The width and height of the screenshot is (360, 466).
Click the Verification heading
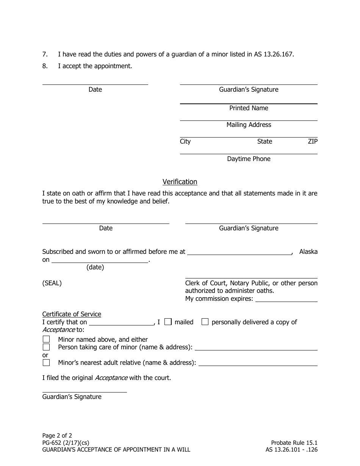[180, 182]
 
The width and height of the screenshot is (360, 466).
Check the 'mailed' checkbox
[168, 322]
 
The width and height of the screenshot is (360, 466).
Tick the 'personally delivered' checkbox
[205, 322]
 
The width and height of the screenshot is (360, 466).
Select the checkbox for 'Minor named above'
[46, 339]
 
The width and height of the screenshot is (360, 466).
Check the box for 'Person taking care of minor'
[46, 347]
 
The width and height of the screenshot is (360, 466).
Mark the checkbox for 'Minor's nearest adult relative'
[46, 363]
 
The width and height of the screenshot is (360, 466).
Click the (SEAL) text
[52, 283]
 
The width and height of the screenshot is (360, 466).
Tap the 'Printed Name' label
[249, 108]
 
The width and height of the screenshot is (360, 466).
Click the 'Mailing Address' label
[249, 125]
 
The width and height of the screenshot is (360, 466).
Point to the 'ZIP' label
[313, 142]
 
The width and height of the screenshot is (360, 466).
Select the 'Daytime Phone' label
[249, 159]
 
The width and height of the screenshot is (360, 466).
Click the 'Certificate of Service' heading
[72, 314]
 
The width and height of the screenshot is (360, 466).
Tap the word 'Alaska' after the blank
[308, 252]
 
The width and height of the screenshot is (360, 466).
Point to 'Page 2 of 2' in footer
[57, 435]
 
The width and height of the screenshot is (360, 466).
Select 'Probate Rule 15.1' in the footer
[294, 443]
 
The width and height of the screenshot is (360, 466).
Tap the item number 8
[45, 66]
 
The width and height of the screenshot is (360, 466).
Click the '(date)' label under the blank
[95, 267]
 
